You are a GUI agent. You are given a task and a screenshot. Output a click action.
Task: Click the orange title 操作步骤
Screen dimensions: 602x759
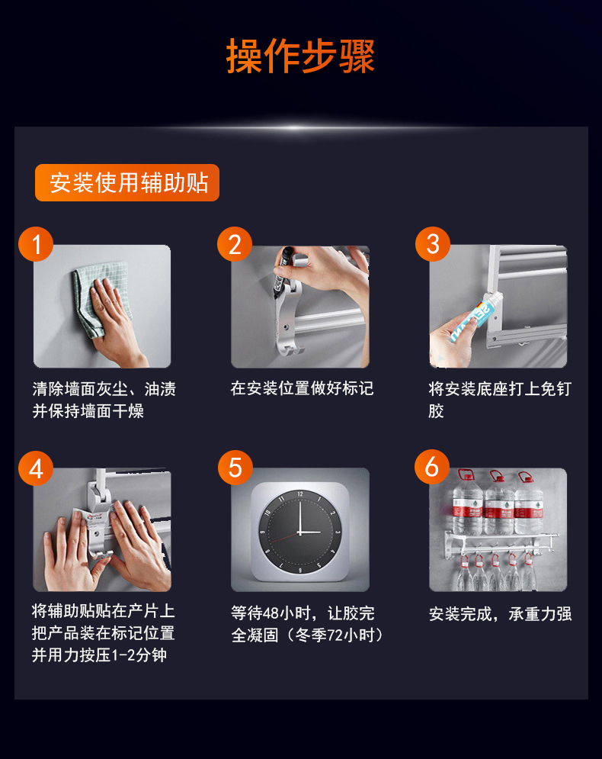300,56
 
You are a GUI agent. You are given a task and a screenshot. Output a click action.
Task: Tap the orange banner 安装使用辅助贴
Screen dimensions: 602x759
127,182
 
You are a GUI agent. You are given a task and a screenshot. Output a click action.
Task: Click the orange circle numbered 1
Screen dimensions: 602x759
36,244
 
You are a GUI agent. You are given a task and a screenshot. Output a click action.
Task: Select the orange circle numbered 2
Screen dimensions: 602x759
235,244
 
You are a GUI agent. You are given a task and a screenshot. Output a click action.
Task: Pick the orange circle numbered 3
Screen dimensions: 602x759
433,244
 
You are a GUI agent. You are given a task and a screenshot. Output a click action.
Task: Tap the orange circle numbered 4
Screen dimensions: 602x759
36,468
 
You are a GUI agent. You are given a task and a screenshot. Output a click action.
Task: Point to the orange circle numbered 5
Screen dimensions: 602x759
235,468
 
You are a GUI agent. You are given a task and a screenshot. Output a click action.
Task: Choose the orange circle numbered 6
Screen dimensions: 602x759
432,467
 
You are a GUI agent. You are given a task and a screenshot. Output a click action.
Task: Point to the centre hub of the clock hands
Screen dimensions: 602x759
299,532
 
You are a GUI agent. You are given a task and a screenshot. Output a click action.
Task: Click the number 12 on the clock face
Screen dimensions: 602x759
300,494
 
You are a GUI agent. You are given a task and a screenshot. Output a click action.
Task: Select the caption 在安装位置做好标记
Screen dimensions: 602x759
303,388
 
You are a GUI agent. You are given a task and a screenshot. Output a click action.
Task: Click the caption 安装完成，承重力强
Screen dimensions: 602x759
501,614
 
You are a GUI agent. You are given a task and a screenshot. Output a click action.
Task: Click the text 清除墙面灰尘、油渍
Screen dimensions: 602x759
104,389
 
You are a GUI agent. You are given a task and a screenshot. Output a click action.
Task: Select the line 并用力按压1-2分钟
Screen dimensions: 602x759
99,655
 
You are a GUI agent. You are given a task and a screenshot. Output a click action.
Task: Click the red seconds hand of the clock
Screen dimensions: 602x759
284,538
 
